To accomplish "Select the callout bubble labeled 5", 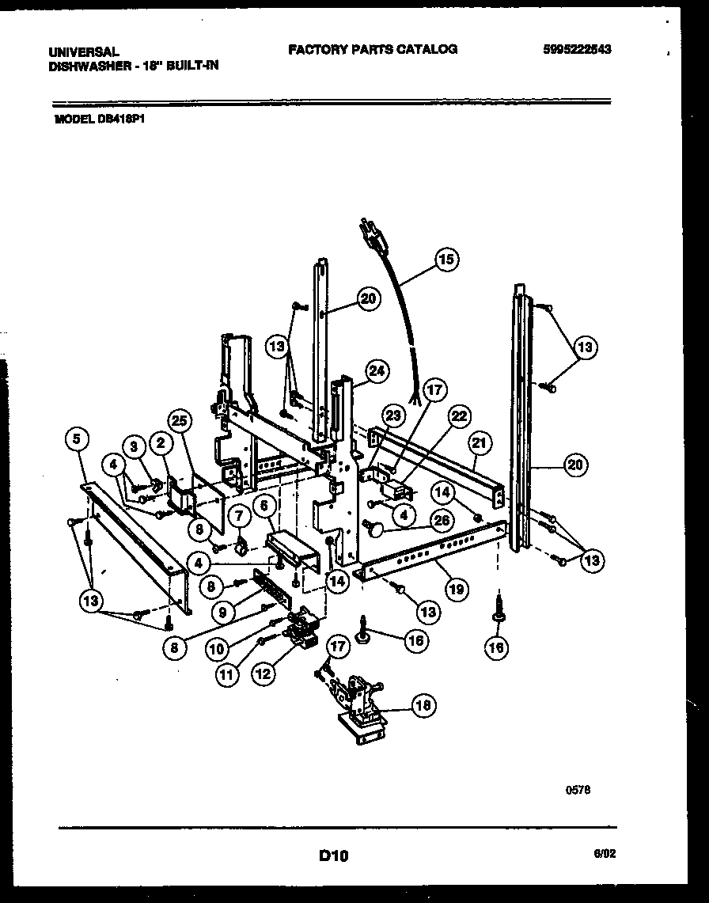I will pyautogui.click(x=76, y=438).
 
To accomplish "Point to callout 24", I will pyautogui.click(x=377, y=370).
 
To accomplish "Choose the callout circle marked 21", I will pyautogui.click(x=478, y=441).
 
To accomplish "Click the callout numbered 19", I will pyautogui.click(x=457, y=588).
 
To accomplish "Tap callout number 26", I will pyautogui.click(x=442, y=521).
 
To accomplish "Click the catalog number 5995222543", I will pyautogui.click(x=577, y=49).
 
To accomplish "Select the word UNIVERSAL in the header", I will pyautogui.click(x=83, y=51).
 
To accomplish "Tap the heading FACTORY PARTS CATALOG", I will pyautogui.click(x=372, y=49).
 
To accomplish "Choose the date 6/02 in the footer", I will pyautogui.click(x=604, y=853).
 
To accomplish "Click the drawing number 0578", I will pyautogui.click(x=578, y=787).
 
